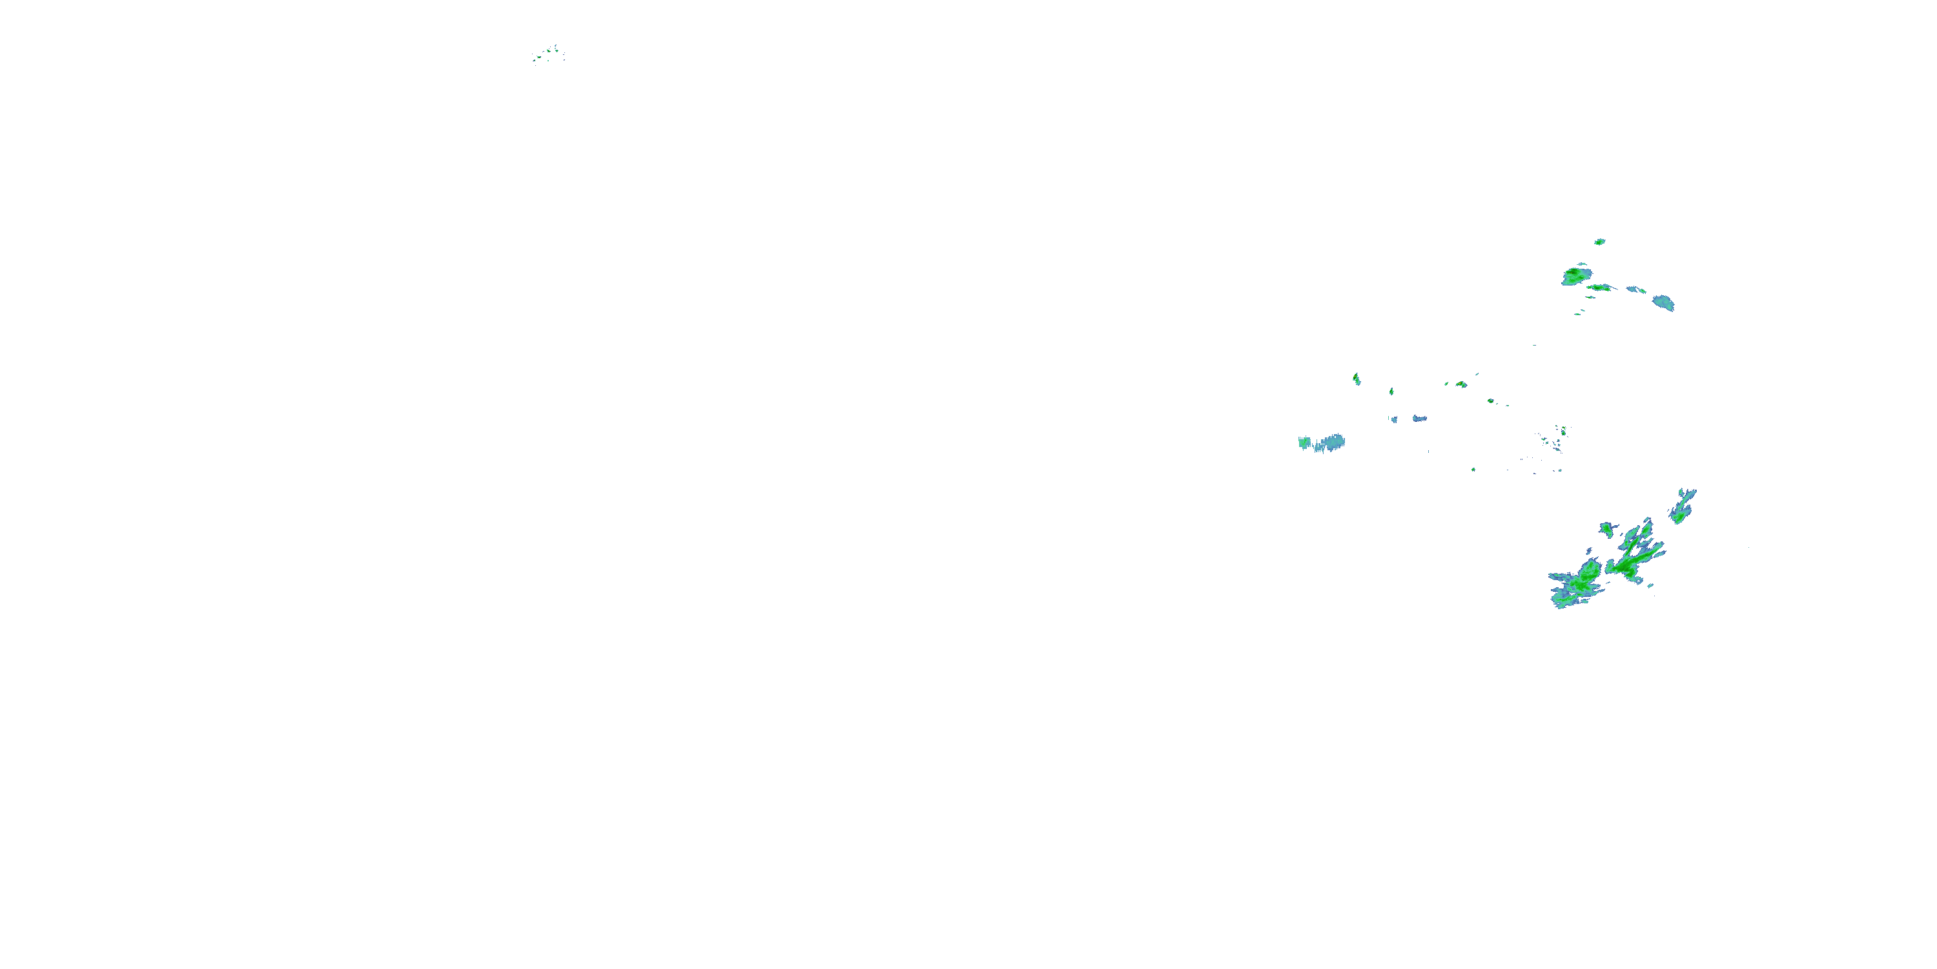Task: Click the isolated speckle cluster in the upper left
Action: click(549, 54)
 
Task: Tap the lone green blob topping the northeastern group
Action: click(1599, 242)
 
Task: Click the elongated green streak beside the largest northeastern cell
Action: click(1599, 287)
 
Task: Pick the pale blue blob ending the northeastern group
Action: click(1664, 302)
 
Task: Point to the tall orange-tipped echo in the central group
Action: click(1357, 379)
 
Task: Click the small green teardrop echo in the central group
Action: click(1391, 391)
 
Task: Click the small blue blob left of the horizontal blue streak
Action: click(1394, 419)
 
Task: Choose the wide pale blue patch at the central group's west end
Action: click(1324, 443)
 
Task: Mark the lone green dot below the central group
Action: click(1473, 470)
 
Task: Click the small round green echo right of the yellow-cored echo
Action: click(1490, 401)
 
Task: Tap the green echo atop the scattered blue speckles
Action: click(1563, 430)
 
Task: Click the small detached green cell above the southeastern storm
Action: click(1606, 529)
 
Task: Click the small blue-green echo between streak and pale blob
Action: click(1636, 289)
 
